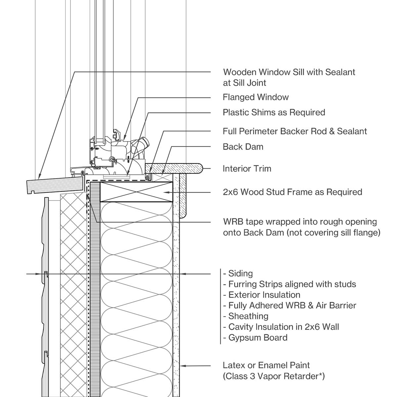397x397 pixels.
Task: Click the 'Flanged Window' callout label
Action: (255, 97)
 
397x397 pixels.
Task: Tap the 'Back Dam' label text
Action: (243, 147)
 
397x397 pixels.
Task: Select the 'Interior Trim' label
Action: (247, 169)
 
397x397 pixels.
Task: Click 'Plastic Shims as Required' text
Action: (274, 112)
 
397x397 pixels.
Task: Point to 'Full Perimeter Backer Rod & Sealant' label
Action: (294, 131)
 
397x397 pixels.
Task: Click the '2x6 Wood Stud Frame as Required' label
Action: (292, 192)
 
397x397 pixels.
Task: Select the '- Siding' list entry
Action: (238, 274)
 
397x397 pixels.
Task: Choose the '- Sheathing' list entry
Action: (245, 316)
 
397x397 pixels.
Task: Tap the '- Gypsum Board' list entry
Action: (255, 338)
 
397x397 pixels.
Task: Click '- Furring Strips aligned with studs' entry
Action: (289, 284)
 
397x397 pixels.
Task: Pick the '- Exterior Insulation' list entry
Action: (261, 295)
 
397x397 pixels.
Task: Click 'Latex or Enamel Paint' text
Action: (266, 366)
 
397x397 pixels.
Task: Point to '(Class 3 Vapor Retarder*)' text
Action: (274, 376)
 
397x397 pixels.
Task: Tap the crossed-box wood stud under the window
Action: (136, 192)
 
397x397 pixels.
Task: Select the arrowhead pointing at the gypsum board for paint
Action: (182, 366)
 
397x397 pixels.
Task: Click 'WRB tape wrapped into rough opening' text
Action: (300, 222)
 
